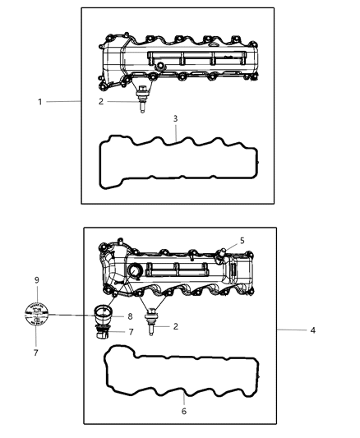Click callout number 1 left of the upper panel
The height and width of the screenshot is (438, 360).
38,101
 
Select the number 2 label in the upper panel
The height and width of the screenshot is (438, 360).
101,102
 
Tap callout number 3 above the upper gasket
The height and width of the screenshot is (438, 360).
174,118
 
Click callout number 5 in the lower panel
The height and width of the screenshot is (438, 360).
242,241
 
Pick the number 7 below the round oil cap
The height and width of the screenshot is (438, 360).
36,352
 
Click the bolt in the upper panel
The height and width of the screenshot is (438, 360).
143,99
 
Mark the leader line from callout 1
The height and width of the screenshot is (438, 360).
62,101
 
